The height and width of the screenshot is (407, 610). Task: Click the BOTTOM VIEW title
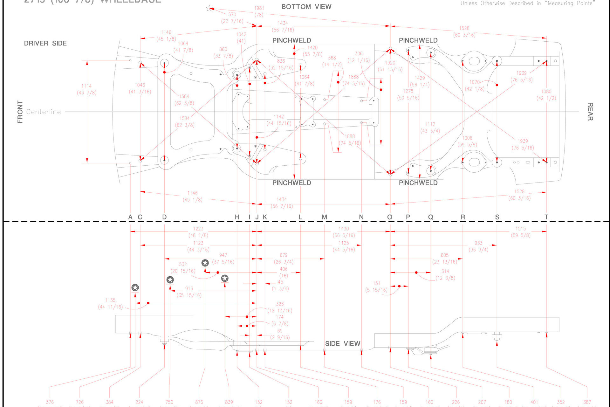coord(306,7)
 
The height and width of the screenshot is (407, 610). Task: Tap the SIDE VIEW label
coord(342,343)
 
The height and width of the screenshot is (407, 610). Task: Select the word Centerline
coord(44,112)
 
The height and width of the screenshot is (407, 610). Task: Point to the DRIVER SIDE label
coord(45,43)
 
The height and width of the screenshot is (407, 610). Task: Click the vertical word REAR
coord(590,112)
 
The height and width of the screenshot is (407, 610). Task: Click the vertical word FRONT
coord(20,112)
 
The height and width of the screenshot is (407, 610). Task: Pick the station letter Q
coord(430,217)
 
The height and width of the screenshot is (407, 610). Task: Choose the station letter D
coord(164,217)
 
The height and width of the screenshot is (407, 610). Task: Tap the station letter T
coord(546,217)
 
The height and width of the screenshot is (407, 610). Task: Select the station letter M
coord(324,217)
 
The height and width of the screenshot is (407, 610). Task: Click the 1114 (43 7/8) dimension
coord(86,89)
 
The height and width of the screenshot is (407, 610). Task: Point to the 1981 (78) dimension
coord(259,11)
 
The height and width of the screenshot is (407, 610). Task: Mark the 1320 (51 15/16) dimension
coord(390,66)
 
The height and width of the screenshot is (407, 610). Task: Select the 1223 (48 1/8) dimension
coord(198,232)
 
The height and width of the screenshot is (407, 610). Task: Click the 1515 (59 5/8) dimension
coord(520,232)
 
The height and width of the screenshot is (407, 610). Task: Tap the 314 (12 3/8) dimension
coord(445,275)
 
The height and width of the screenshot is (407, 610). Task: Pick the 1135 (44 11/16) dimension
coord(110,304)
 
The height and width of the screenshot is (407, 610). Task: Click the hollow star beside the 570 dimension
coord(209,8)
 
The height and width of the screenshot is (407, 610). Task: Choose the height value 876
coord(199,402)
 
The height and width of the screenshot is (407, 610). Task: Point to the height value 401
coord(534,402)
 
